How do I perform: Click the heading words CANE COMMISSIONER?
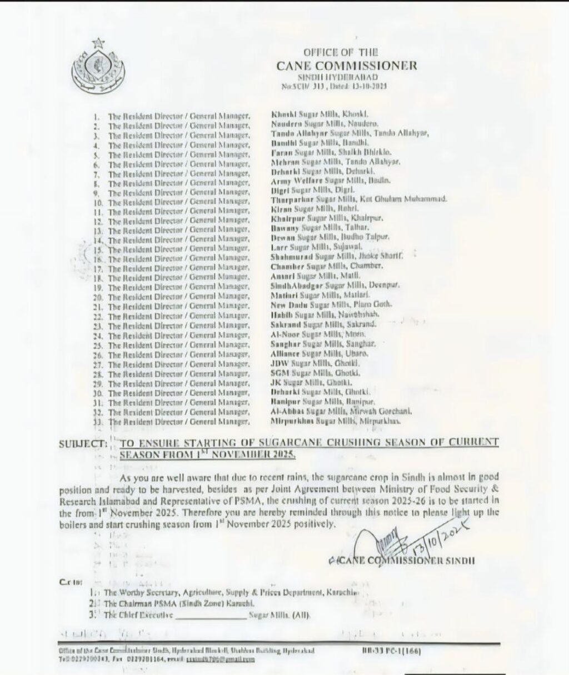pos(346,66)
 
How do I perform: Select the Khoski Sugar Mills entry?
pos(316,113)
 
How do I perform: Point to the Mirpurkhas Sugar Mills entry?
pos(335,422)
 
